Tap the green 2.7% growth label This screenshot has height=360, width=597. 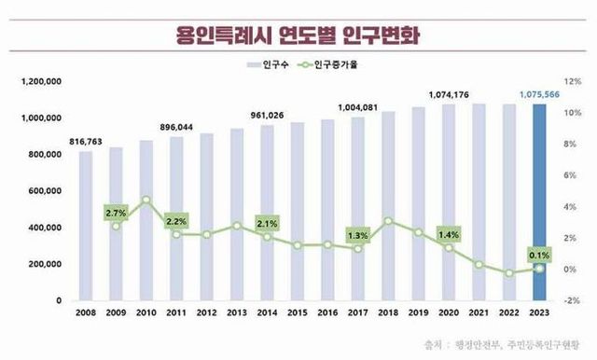pos(117,213)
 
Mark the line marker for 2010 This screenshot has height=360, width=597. pos(146,200)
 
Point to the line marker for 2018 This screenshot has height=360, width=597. pos(388,222)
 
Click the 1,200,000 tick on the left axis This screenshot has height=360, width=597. pos(40,83)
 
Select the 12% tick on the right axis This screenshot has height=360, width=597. pos(571,83)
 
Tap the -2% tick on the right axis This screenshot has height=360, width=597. pos(571,301)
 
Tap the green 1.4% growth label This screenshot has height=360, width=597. pos(449,235)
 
